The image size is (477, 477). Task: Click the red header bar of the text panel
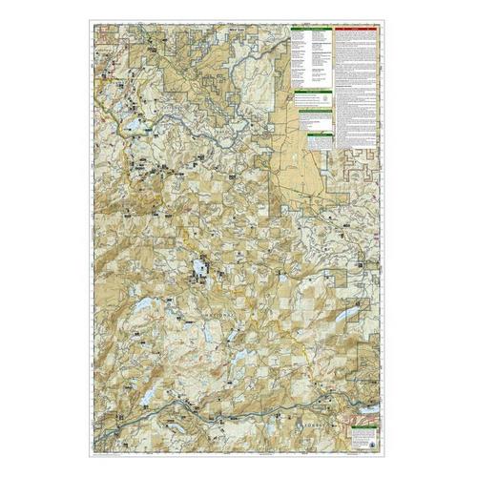[x=359, y=29]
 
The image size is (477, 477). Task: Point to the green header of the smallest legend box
[x=321, y=135]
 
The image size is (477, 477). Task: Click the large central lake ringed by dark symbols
[x=201, y=270]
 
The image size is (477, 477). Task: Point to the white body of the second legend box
[x=305, y=98]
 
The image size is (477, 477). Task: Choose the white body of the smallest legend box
[x=321, y=142]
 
